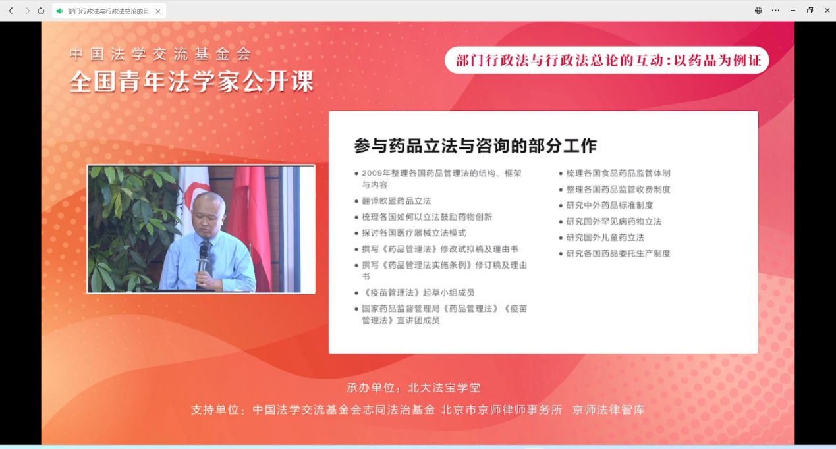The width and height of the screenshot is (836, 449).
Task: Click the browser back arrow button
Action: click(11, 11)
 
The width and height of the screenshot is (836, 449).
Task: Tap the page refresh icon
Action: click(41, 11)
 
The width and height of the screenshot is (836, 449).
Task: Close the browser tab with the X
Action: click(158, 11)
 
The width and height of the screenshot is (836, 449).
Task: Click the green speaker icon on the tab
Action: click(60, 11)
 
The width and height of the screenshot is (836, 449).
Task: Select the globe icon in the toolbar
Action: click(758, 11)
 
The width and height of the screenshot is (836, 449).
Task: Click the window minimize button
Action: click(793, 11)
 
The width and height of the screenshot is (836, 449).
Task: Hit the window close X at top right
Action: click(827, 11)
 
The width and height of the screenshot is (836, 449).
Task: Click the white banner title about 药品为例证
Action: click(607, 61)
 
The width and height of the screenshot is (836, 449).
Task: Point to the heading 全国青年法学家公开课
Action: click(192, 81)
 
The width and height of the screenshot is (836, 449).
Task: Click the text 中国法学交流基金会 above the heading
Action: click(161, 54)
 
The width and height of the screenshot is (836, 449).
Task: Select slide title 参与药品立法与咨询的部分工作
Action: click(475, 145)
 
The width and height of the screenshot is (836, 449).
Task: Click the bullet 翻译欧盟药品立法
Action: click(397, 201)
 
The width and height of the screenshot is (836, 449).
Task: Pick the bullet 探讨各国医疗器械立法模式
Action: click(414, 233)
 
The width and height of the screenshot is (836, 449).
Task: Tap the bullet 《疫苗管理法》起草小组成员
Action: click(418, 293)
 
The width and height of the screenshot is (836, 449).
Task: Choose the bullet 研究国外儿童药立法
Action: click(605, 238)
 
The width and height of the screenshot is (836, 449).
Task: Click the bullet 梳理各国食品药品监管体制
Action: click(619, 173)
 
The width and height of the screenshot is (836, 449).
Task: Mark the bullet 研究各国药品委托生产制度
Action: click(619, 253)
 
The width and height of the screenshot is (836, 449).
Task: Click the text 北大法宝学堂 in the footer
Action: click(444, 388)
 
